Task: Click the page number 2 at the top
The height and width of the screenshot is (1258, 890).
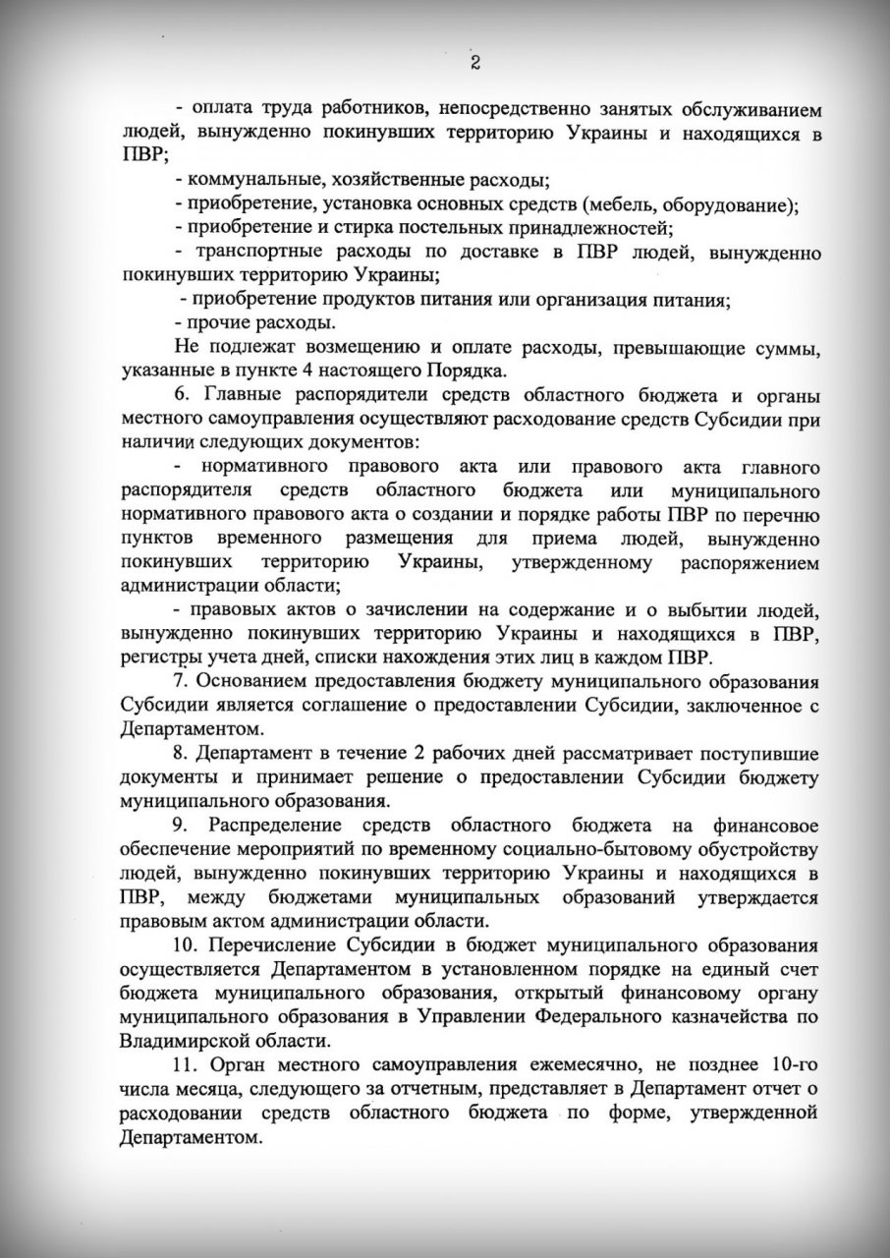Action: pyautogui.click(x=474, y=64)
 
